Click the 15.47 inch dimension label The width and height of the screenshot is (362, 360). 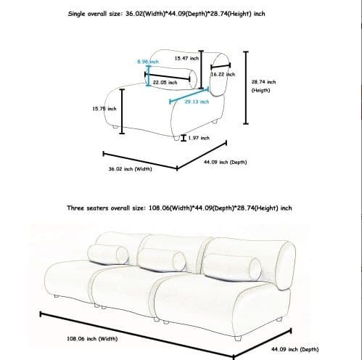point(186,58)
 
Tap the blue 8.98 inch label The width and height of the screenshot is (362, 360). point(148,62)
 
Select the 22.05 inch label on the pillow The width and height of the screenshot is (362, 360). point(165,83)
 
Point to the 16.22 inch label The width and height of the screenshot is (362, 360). point(223,74)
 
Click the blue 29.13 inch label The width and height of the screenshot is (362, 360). point(197,102)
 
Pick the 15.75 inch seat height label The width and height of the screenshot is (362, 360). point(104,109)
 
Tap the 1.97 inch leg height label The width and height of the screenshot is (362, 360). point(199,138)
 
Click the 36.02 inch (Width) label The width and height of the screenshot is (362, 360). point(130,169)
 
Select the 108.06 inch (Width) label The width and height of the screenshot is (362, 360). point(92,339)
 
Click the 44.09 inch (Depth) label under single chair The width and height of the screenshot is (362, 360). point(226,162)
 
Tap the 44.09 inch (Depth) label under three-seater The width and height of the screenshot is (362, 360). point(295,349)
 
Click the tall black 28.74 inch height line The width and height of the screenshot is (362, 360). point(246,88)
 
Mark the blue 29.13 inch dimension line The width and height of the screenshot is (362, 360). point(189,96)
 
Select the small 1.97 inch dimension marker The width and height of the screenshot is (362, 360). point(184,138)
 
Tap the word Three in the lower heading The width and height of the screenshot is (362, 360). point(75,208)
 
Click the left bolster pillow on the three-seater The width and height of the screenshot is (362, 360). point(108,254)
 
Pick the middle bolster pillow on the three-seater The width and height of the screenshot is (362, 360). point(162,261)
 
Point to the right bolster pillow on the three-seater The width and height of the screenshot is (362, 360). point(231,267)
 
